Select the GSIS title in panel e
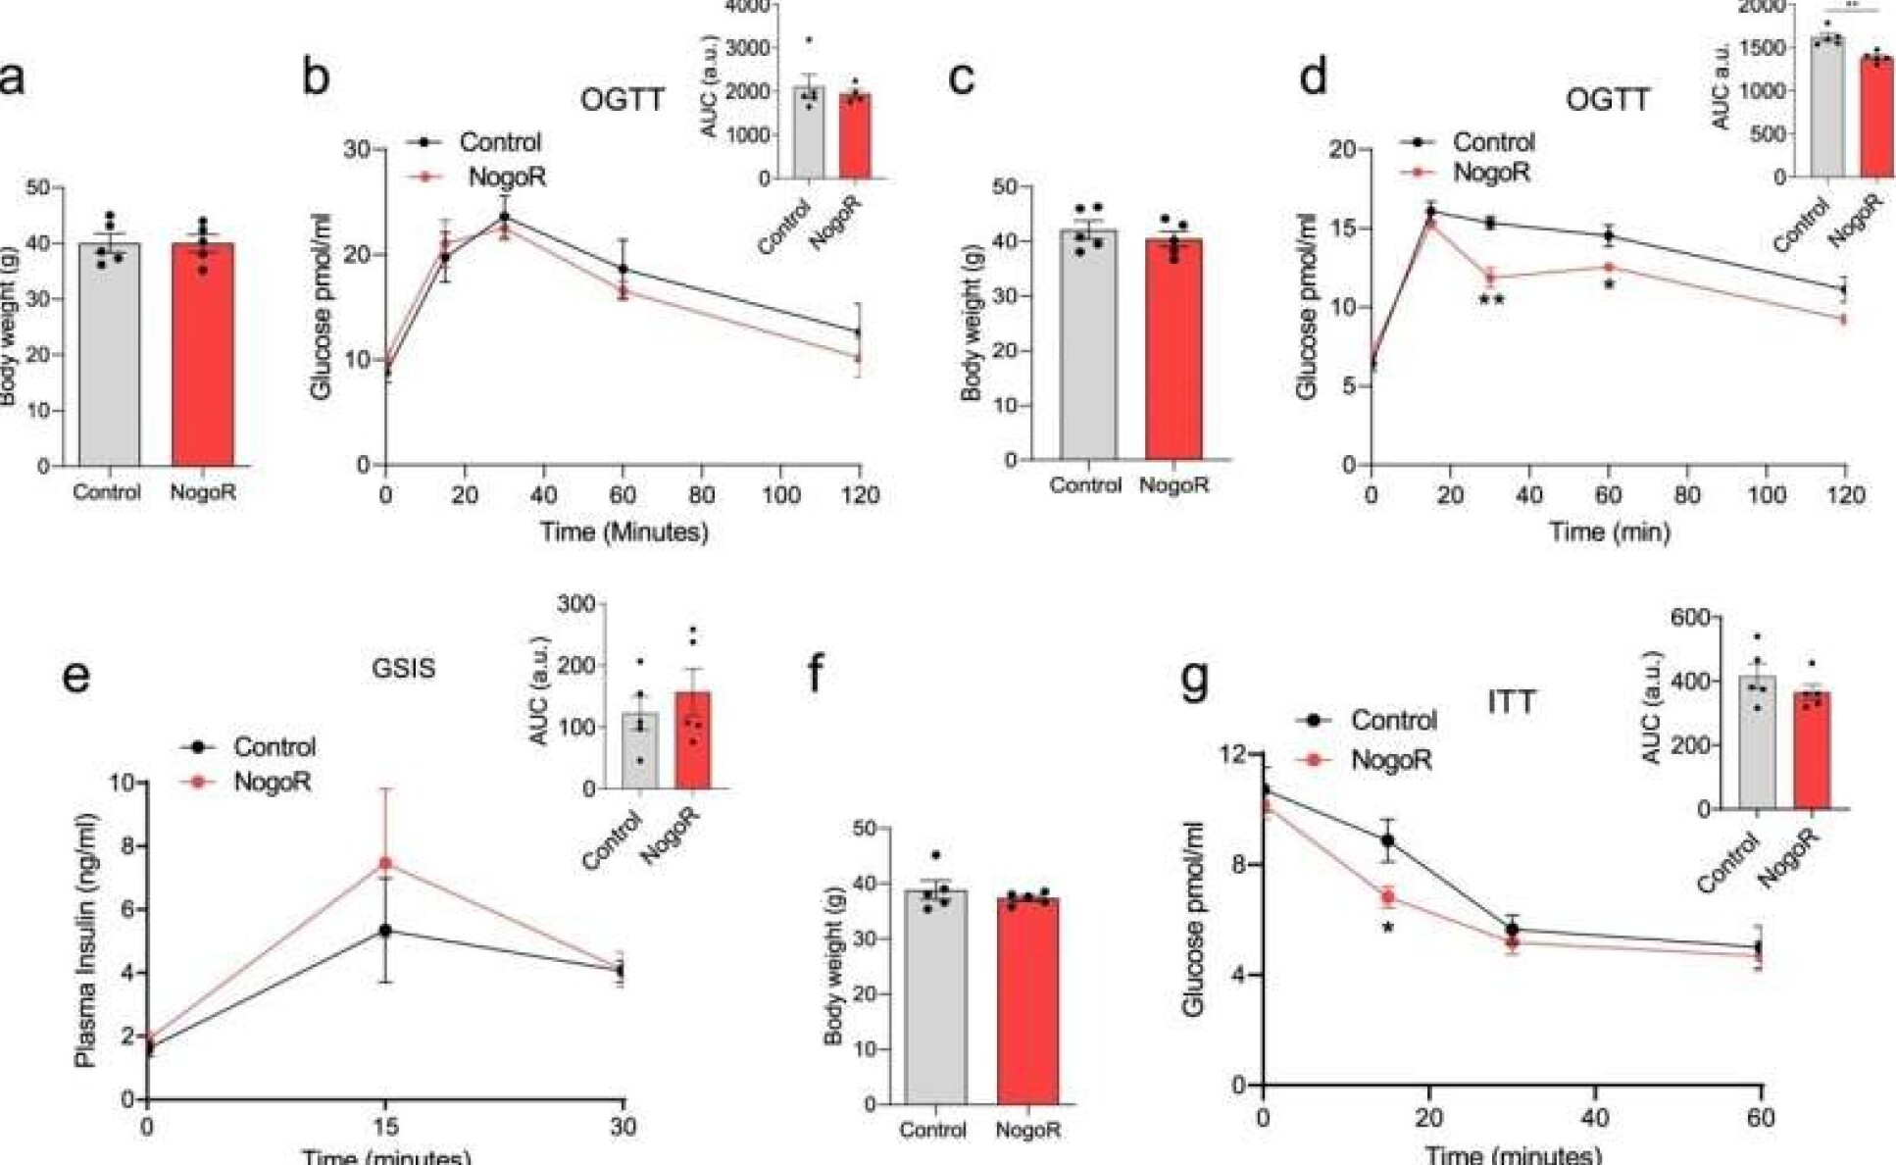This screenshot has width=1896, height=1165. tap(403, 669)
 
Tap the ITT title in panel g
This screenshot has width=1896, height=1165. tap(1511, 702)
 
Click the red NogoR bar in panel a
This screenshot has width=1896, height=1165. tap(203, 354)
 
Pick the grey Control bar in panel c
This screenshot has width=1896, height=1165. tap(1088, 344)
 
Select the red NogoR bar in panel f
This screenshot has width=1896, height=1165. tap(1027, 1000)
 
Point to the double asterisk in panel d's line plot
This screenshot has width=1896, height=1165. tap(1491, 300)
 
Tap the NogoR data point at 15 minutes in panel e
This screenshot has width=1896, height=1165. tap(386, 863)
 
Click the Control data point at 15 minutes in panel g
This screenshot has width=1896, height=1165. tap(1387, 840)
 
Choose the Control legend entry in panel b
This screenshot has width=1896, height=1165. tap(479, 142)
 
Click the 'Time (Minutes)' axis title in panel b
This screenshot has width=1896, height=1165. tap(624, 532)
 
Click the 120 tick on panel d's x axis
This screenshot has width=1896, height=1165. tap(1846, 495)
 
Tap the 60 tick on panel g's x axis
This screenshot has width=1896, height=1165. tap(1761, 1118)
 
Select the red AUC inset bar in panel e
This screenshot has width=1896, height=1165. tap(693, 740)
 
